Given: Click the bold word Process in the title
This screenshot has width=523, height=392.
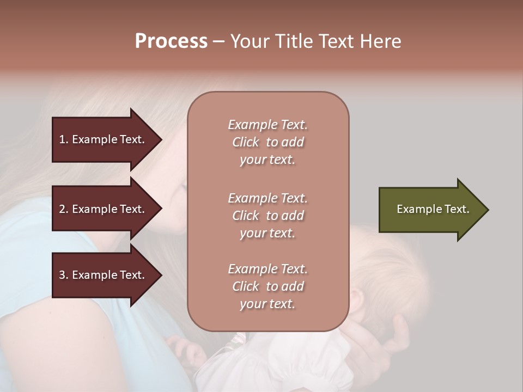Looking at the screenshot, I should pyautogui.click(x=171, y=41).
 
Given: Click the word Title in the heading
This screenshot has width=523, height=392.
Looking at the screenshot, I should pyautogui.click(x=293, y=41).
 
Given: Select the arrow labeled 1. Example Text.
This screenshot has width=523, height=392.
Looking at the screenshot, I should pyautogui.click(x=104, y=139).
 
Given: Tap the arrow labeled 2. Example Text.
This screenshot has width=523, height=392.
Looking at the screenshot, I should pyautogui.click(x=104, y=209).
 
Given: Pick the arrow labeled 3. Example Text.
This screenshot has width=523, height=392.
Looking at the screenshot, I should pyautogui.click(x=104, y=275).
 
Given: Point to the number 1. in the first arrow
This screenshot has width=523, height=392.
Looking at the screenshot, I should pyautogui.click(x=64, y=139).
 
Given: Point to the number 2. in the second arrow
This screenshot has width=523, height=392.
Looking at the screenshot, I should pyautogui.click(x=64, y=209).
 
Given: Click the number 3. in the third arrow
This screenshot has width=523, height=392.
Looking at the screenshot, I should pyautogui.click(x=64, y=275).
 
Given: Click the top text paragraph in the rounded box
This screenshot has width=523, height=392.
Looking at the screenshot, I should pyautogui.click(x=268, y=142).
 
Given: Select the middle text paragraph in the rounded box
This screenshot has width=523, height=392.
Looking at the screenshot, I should pyautogui.click(x=268, y=216).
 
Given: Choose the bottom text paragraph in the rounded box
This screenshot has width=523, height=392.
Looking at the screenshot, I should pyautogui.click(x=268, y=286).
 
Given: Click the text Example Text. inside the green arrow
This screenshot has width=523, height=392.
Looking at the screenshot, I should pyautogui.click(x=433, y=209).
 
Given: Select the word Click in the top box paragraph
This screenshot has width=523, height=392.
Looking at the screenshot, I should pyautogui.click(x=246, y=142).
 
